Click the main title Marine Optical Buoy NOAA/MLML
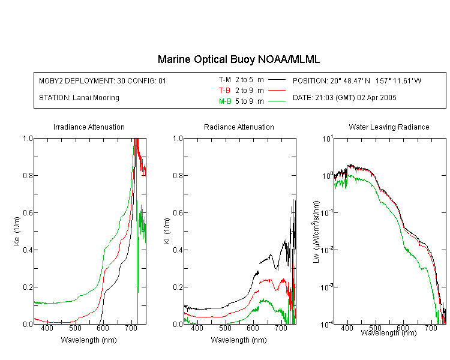coord(238,59)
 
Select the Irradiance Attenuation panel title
coord(89,127)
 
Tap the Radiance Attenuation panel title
coord(239,127)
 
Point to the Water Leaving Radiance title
coord(389,127)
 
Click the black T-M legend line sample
coord(277,80)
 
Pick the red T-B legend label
coord(225,91)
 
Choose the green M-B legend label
coord(225,101)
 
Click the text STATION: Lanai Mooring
coord(79,98)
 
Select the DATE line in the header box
coord(344,98)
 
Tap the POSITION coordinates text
coord(357,80)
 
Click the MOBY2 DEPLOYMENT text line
coord(103,80)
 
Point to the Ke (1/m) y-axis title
coord(17,232)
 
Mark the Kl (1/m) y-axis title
coord(167,232)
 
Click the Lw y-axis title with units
coord(316,232)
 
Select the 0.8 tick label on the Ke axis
coord(28,175)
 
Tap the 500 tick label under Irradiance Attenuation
coord(75,328)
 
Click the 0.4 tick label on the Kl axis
coord(178,250)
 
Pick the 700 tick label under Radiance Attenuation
coord(281,328)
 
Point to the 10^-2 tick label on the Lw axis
coord(328,250)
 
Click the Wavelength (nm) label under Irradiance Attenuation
coord(89,340)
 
